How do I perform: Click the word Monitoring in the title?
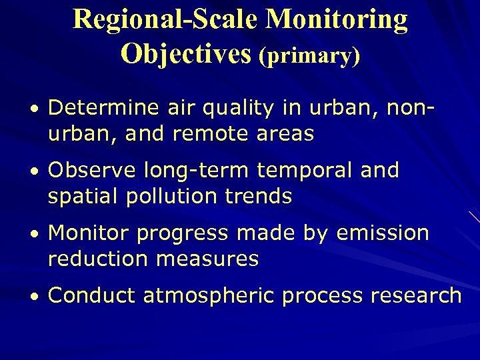click(337, 21)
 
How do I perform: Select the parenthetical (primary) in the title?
click(310, 56)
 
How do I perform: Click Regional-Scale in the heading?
click(166, 19)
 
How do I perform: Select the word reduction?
click(97, 259)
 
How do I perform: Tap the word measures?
click(207, 259)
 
